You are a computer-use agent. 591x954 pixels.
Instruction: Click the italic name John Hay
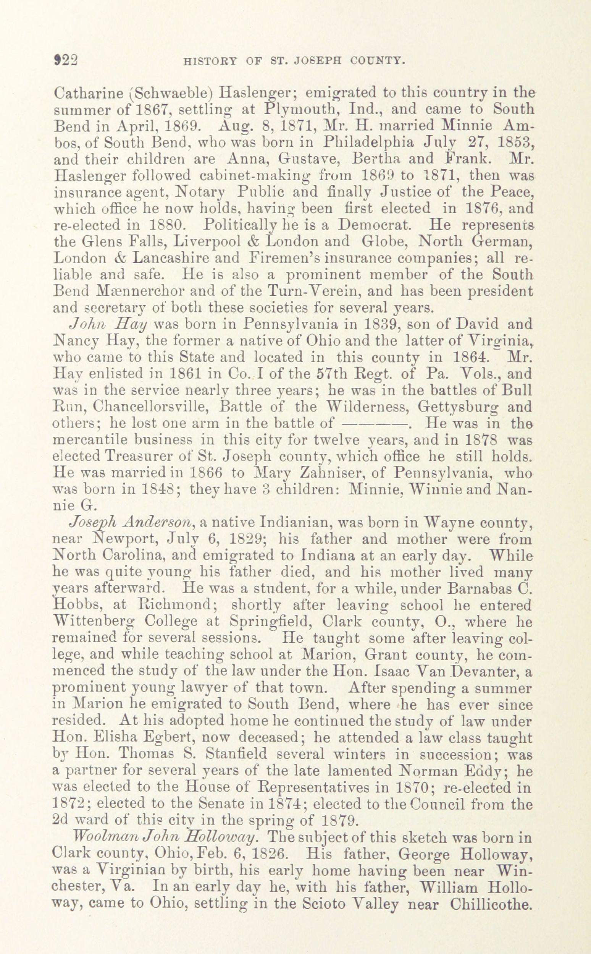[x=108, y=325]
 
